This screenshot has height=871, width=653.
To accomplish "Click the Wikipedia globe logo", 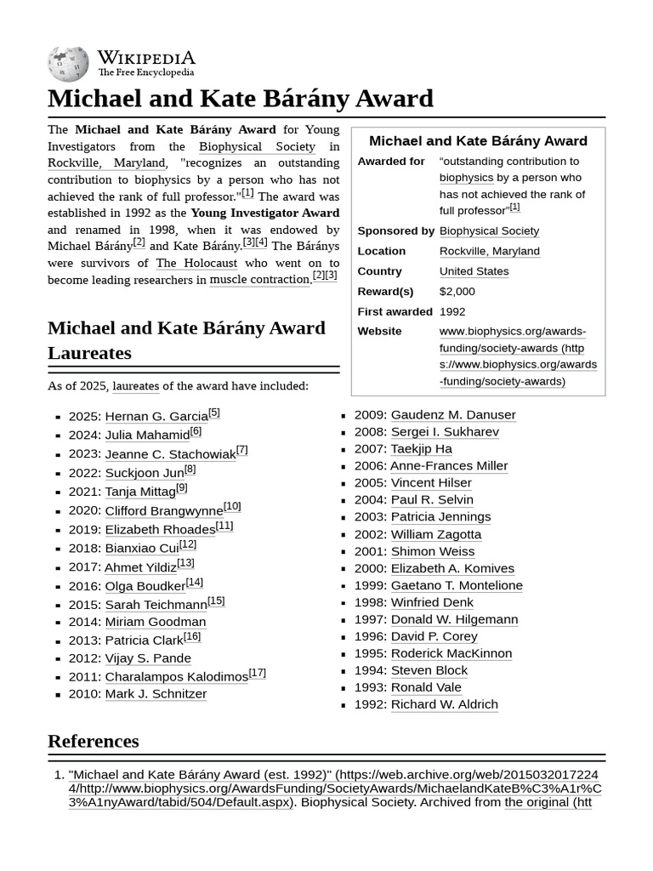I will coord(69,62).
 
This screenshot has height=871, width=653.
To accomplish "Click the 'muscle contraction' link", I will coord(259,280).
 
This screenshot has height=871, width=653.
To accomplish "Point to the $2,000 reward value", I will coord(457,291).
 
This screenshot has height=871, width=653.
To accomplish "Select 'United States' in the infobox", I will coord(474,271).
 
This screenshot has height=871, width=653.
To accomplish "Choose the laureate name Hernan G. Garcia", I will coord(156,417).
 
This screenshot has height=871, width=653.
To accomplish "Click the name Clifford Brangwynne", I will coord(163,511).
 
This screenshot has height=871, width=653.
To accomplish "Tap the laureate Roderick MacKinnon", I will coord(451,653).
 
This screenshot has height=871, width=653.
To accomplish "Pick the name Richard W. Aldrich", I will coord(444,704).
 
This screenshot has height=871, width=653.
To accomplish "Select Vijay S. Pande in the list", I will coord(148,658).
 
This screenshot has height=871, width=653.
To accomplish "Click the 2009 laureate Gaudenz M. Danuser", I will coord(452,414).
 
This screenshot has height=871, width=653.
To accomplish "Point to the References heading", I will coord(93,741).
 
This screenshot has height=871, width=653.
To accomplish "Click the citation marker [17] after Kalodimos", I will coord(258,673).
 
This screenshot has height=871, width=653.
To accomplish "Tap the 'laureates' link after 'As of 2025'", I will coord(135,386).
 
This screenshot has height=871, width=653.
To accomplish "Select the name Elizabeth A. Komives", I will coord(451,568).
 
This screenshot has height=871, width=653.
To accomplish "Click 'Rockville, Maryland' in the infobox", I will coord(489,251).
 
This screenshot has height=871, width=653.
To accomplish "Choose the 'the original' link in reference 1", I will coord(537,802).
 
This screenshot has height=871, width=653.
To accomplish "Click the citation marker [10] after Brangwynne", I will coord(232,506).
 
